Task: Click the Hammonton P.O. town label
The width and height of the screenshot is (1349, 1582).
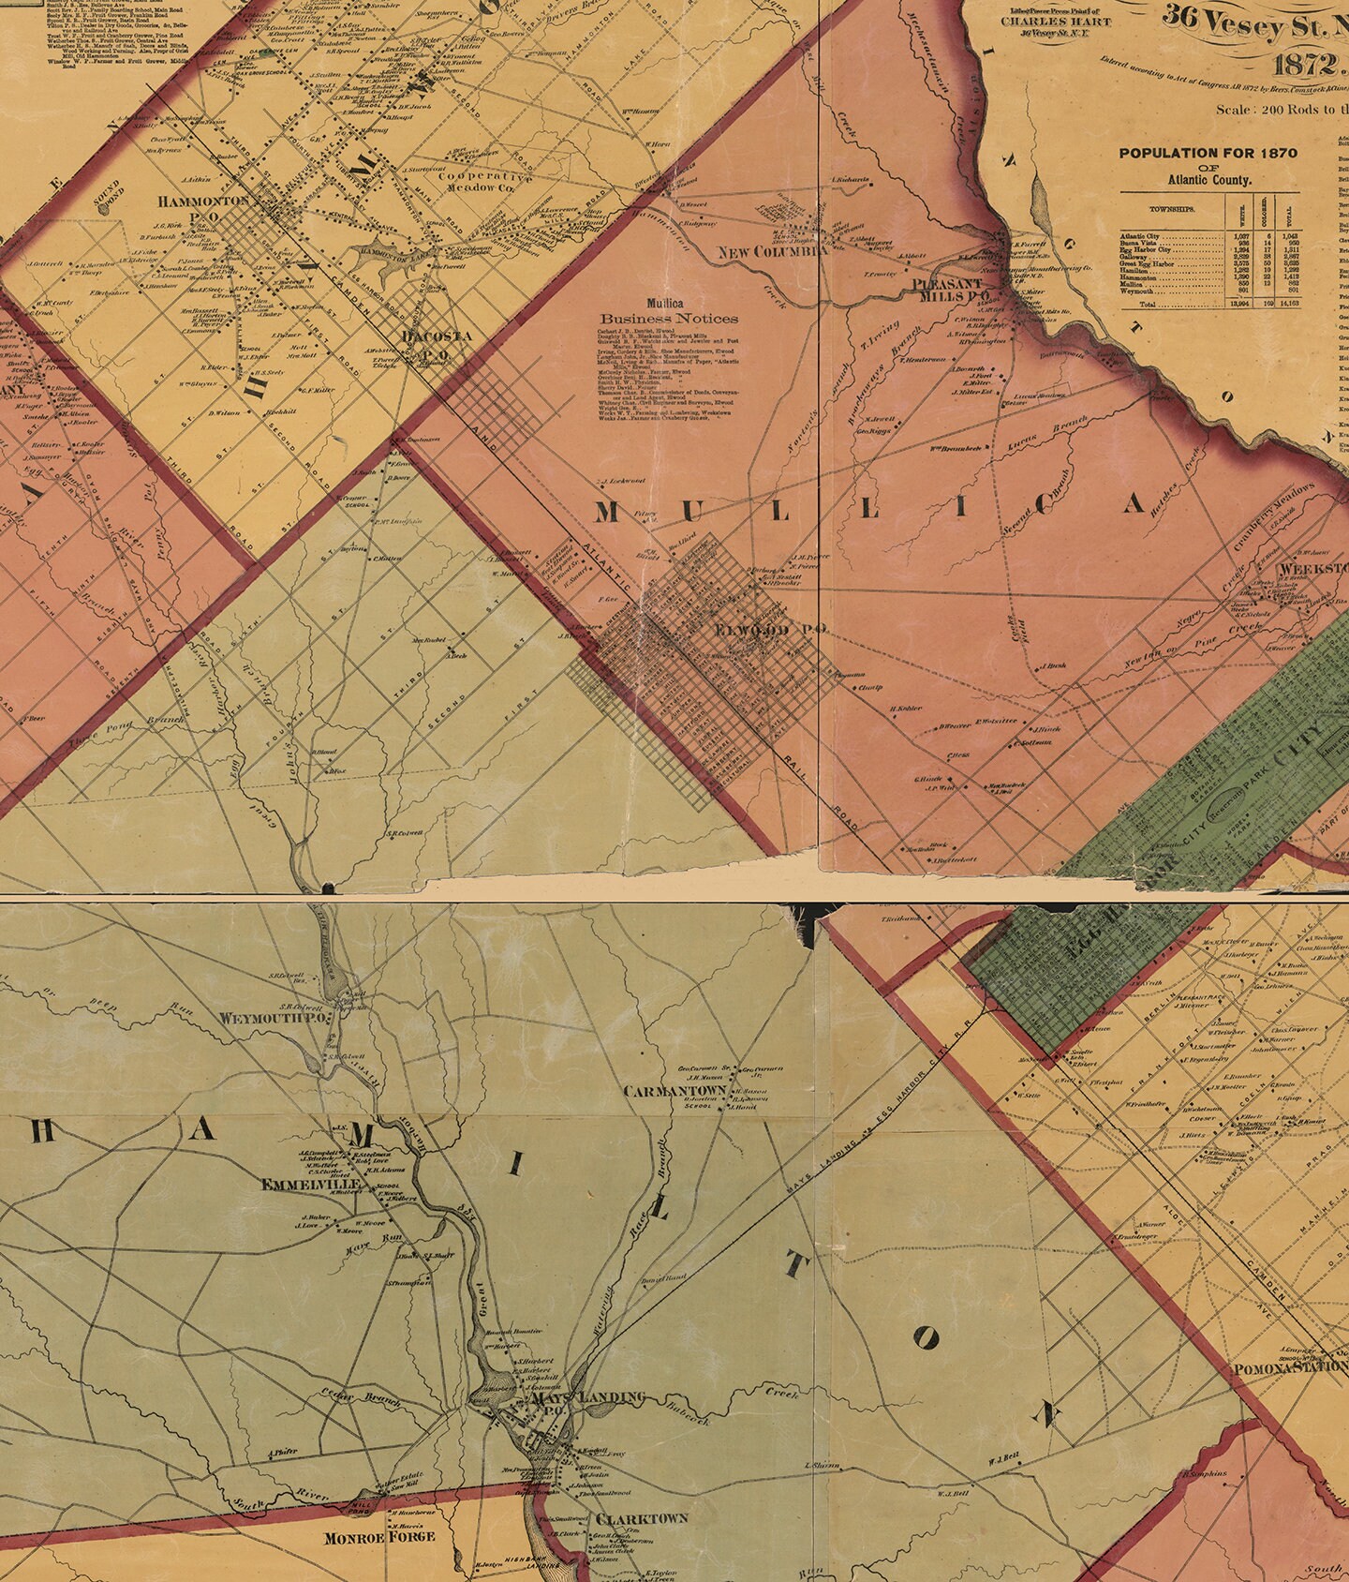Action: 203,201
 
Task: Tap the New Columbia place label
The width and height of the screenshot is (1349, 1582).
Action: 772,251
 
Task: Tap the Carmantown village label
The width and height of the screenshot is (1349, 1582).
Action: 674,1092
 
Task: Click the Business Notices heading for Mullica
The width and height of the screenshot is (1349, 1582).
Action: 669,318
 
